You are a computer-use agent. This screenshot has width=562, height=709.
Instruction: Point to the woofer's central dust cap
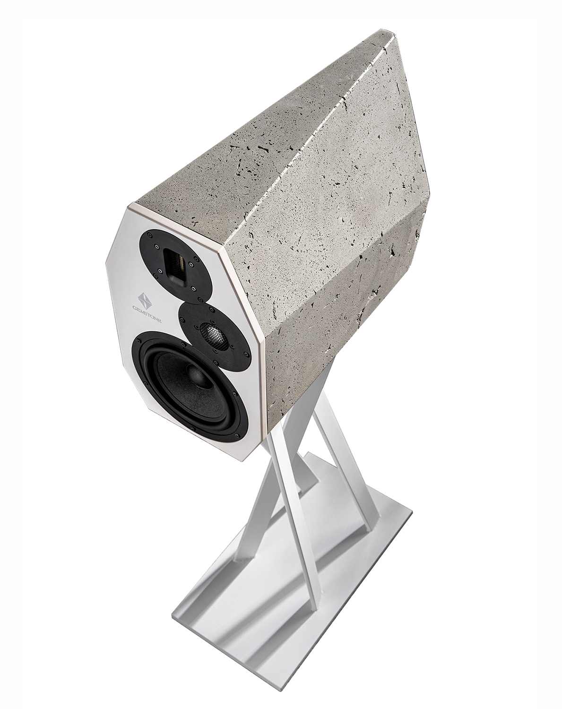(197, 376)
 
